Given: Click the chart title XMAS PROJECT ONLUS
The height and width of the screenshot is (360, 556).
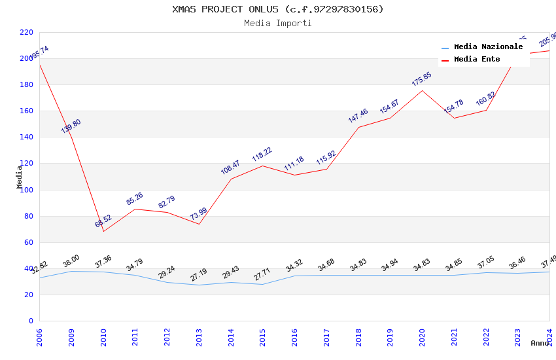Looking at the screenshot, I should (x=278, y=9).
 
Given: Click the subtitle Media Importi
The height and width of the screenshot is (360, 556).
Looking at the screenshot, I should (x=278, y=24).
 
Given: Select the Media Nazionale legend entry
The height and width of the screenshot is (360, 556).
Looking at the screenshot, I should (x=488, y=47).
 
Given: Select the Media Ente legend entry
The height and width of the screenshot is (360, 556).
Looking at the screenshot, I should (x=477, y=60).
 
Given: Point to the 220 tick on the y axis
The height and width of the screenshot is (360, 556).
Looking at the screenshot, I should (x=27, y=32).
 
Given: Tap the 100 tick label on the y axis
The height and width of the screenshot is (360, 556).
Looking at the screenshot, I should (x=27, y=190).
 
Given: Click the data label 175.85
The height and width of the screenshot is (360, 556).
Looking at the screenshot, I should (x=422, y=79).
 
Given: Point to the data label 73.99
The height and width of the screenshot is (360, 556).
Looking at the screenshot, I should (x=199, y=213).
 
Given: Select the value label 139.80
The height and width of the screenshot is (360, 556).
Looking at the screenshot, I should (x=71, y=126).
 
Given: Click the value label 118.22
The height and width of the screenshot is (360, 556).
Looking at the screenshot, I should (x=262, y=154).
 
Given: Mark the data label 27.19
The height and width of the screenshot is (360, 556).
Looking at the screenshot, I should (x=199, y=275).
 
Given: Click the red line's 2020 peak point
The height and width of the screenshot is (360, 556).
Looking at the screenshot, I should (x=422, y=90).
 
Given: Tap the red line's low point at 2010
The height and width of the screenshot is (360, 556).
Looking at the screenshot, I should (x=103, y=231).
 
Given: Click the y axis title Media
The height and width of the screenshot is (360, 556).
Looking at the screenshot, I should (x=20, y=177).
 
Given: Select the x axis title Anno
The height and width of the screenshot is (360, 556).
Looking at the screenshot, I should (x=540, y=343).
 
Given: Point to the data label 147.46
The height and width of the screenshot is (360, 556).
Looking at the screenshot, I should (x=358, y=116).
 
